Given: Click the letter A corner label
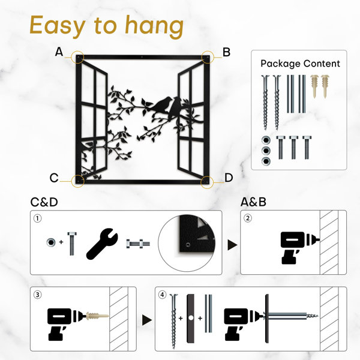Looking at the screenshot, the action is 59,52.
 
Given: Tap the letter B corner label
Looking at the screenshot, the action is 226,52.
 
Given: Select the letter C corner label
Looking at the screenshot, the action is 54,178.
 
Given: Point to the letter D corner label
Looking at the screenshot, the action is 229,178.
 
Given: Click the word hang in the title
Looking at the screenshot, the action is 154,26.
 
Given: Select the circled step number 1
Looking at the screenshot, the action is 38,218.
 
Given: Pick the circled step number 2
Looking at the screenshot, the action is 247,218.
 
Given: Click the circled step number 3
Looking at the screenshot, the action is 38,295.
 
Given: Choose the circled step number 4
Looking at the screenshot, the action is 163,295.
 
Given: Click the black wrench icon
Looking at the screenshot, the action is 101,244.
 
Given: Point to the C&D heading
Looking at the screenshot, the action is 44,202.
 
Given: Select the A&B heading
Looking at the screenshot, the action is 253,202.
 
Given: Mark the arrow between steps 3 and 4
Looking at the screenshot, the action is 147,320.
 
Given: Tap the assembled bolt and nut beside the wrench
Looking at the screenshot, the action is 138,244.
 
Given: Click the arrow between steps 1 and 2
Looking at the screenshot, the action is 232,245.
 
